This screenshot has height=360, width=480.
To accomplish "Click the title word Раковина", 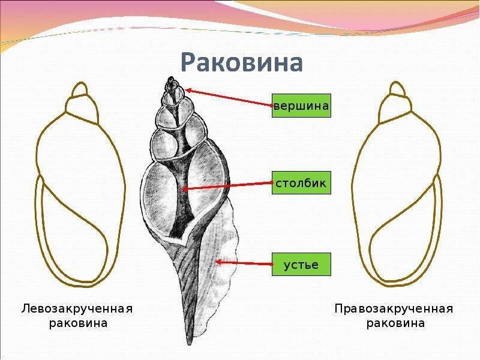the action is pos(242,62).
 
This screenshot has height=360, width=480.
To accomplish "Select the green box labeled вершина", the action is pos(301,106).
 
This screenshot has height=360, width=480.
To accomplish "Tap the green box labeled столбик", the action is pos(301,183).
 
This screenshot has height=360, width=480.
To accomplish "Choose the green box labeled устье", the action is pos(301,264).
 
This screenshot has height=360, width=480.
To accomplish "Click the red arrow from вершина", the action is pos(229,98).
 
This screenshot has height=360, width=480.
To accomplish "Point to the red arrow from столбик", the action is pos(227,185).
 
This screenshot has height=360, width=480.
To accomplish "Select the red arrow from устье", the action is pos(244,263).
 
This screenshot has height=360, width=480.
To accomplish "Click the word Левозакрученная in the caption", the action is pos(77,308).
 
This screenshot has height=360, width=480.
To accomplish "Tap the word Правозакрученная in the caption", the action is pos(394,308).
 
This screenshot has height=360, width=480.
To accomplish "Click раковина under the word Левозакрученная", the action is pos(78,323).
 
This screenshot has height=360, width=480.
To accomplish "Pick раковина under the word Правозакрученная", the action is pos(395,323).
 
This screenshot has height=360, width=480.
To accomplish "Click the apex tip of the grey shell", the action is pos(171,77).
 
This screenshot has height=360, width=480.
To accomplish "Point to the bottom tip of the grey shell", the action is pos(190,344).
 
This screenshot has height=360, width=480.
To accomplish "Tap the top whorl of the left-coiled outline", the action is pos(81,89).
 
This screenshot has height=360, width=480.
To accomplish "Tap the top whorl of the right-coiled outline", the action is pos(396,89).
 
